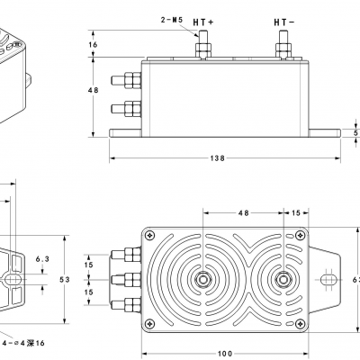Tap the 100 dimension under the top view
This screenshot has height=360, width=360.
(x=225, y=352)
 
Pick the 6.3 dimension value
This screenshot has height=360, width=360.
(x=41, y=258)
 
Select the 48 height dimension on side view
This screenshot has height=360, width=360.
(x=93, y=90)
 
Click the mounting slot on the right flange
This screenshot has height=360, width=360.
(x=329, y=279)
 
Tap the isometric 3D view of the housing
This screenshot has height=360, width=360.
(x=13, y=63)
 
